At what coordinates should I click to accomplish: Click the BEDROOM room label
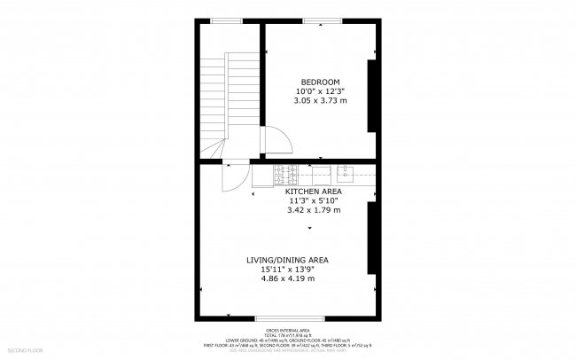tap(320, 82)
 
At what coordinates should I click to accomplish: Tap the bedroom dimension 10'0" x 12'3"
tap(320, 91)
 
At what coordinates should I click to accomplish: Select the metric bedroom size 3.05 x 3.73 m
tap(320, 101)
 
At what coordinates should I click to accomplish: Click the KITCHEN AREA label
tap(313, 192)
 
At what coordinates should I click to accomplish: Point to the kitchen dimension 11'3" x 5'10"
tap(313, 201)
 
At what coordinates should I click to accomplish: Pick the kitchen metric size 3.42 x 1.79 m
tap(313, 211)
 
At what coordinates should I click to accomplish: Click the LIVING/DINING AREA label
tap(288, 260)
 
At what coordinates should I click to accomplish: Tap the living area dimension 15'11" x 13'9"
tap(288, 270)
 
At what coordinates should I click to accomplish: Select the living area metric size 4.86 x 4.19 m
tap(288, 279)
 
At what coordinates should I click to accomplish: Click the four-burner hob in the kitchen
tap(285, 174)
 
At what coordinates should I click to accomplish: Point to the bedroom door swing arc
tap(277, 140)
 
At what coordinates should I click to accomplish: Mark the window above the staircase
tap(227, 20)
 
